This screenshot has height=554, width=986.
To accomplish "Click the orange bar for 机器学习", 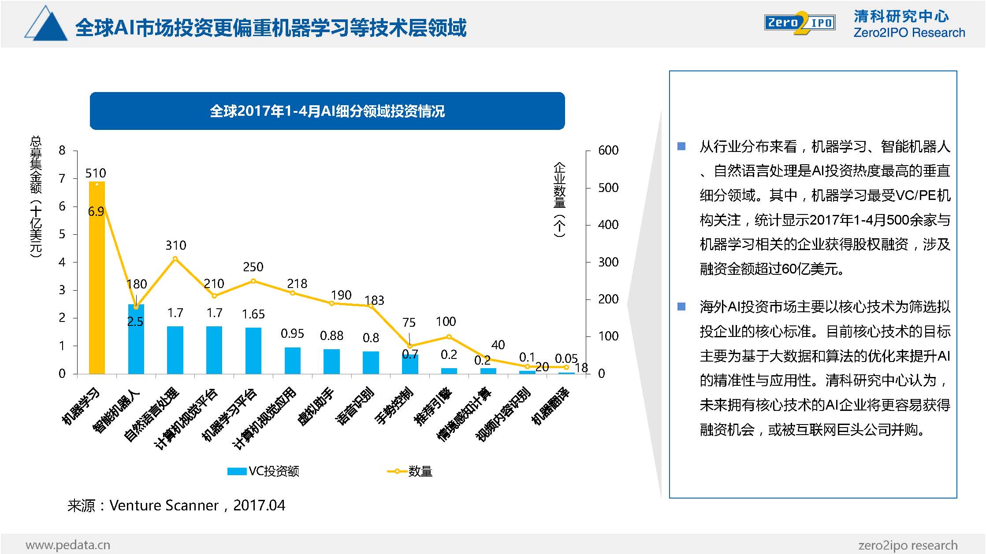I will click(97, 277).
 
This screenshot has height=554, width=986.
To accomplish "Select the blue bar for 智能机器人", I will click(136, 339).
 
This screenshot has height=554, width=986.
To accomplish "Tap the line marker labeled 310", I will click(175, 259).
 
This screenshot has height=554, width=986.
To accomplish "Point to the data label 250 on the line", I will click(253, 267).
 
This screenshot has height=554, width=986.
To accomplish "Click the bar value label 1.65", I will click(253, 314).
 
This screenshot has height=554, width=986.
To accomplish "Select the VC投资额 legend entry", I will click(263, 471).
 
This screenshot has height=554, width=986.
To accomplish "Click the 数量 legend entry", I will click(409, 471).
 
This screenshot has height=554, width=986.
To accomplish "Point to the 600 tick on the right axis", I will click(608, 151).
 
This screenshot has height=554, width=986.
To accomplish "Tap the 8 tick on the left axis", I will click(62, 151).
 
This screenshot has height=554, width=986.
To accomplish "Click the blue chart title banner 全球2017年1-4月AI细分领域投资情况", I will click(327, 111).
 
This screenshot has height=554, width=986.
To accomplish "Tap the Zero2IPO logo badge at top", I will click(800, 23).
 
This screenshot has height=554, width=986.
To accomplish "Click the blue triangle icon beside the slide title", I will click(46, 25).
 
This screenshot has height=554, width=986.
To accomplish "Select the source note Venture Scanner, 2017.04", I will click(176, 506).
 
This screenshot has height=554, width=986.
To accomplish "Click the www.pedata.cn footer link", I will click(68, 545).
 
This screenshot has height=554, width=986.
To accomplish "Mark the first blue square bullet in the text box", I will click(681, 146).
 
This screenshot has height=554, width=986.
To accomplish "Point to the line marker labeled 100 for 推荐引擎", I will click(449, 337).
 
